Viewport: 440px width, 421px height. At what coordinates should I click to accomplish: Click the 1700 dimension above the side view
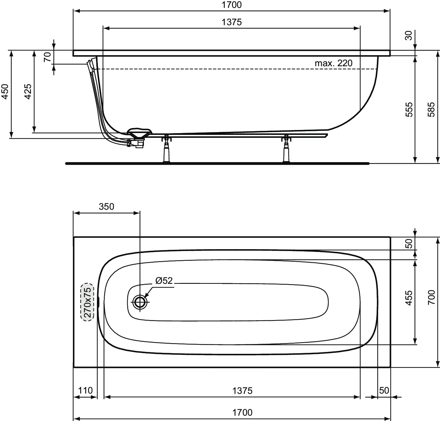pos(232,5)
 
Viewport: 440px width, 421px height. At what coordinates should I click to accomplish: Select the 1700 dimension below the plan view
pos(242,412)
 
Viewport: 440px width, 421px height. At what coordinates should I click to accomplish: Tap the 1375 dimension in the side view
pos(232,22)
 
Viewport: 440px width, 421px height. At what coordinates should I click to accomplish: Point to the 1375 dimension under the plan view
pos(242,391)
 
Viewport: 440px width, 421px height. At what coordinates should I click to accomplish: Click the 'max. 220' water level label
pos(334,63)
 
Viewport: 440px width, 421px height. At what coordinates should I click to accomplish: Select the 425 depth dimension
pos(28,91)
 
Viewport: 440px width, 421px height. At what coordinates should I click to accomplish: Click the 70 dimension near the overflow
pos(47,57)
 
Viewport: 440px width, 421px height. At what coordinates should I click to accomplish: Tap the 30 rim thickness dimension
pos(409,36)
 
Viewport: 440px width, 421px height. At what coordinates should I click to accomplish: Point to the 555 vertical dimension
pos(409,109)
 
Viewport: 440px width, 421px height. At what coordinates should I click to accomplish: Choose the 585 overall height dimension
pos(431,109)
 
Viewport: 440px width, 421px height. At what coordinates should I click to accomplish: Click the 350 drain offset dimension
pos(106,207)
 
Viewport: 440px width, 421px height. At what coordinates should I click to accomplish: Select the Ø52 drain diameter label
pos(164,280)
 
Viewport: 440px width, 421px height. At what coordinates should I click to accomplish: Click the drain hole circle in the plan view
pos(139,302)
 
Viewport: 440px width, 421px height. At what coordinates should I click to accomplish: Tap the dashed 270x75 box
pos(87,302)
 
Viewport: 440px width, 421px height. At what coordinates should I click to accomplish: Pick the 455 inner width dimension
pos(409,298)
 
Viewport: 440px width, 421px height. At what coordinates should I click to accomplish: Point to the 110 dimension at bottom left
pos(85,390)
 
